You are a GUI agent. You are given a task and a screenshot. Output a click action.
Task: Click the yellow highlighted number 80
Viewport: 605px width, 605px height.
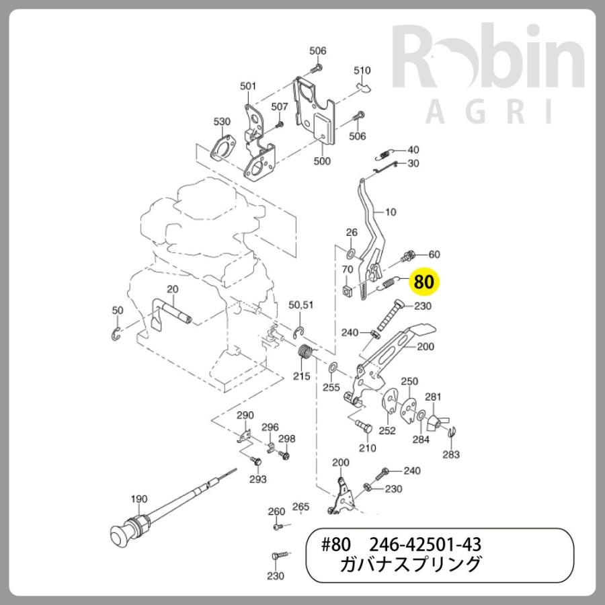pos(424,281)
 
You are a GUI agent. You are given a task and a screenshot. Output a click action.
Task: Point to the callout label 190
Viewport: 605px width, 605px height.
pos(138,499)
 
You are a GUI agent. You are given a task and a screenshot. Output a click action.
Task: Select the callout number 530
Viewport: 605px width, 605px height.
pos(222,122)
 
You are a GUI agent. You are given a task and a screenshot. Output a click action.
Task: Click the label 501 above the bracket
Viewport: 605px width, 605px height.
pos(248,86)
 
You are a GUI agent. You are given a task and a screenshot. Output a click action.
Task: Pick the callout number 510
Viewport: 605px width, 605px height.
pos(362,71)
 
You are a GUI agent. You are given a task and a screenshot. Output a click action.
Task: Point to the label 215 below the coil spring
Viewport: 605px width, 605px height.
pos(302,376)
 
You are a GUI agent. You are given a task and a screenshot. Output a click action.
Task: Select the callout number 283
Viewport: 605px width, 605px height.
pos(451,454)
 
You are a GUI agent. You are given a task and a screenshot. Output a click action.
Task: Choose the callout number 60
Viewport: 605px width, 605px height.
pos(434,254)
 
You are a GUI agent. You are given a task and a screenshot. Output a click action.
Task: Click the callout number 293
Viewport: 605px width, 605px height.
pos(258,479)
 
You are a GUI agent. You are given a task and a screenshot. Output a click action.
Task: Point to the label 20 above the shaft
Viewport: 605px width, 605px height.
pos(172,289)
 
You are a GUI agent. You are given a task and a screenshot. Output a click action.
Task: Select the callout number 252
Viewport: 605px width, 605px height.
pos(387,431)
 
